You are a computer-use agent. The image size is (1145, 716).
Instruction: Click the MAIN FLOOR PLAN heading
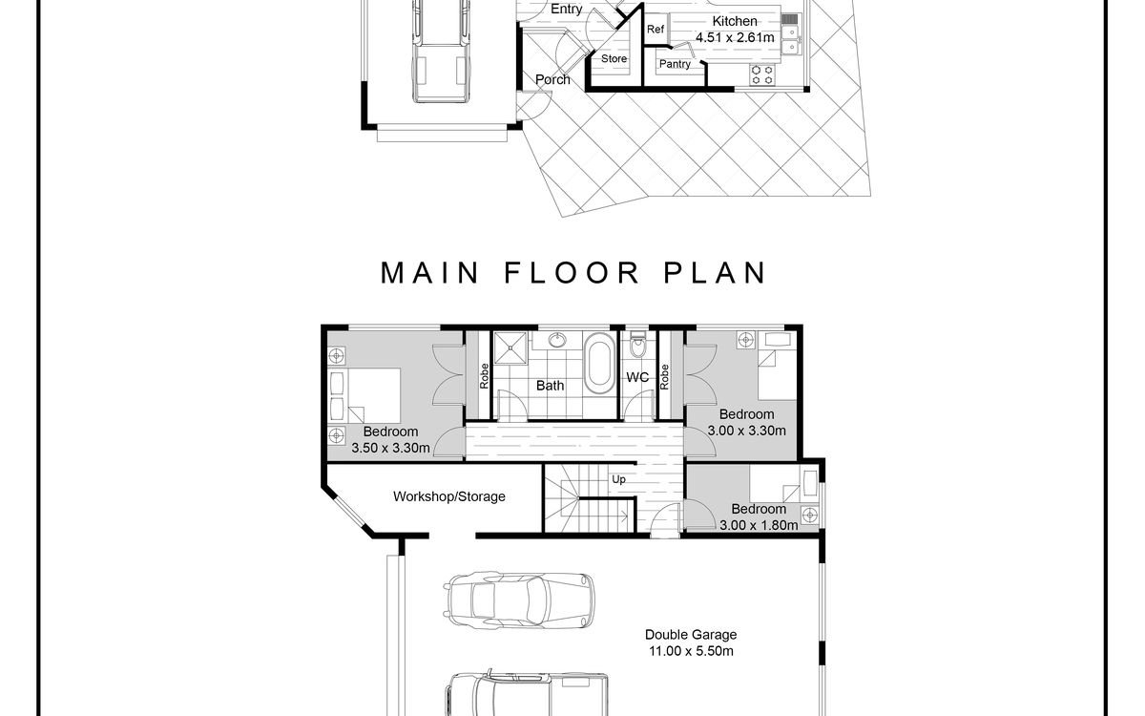[573, 272]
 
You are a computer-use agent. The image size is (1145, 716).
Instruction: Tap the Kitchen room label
[735, 21]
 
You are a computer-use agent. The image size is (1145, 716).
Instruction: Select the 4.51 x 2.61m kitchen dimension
[735, 36]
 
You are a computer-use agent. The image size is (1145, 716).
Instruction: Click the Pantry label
[675, 64]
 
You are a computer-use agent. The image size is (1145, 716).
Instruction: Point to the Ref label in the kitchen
[656, 30]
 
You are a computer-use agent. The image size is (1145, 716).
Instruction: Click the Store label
[614, 59]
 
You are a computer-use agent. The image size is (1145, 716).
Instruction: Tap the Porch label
[552, 79]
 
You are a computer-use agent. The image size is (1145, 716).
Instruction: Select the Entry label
[567, 9]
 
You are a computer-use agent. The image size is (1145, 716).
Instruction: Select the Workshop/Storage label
[449, 496]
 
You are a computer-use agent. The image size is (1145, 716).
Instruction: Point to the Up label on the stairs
[618, 479]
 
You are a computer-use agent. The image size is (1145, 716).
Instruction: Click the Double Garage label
[691, 634]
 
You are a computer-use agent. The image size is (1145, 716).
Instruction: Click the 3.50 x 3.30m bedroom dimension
[391, 447]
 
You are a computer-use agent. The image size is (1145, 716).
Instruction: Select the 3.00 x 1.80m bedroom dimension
[759, 524]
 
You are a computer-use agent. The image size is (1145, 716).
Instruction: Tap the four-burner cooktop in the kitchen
[762, 74]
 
